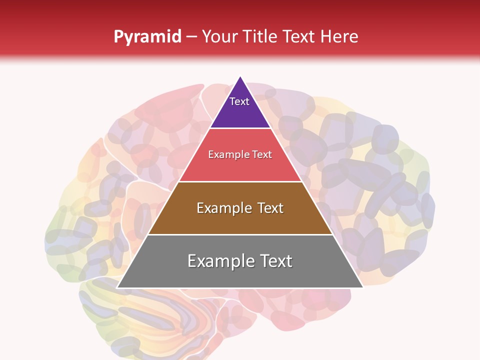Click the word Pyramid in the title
click(x=147, y=37)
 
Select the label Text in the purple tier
click(x=239, y=101)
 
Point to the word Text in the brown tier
click(x=270, y=208)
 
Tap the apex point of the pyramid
click(x=240, y=77)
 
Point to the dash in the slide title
click(x=191, y=37)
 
